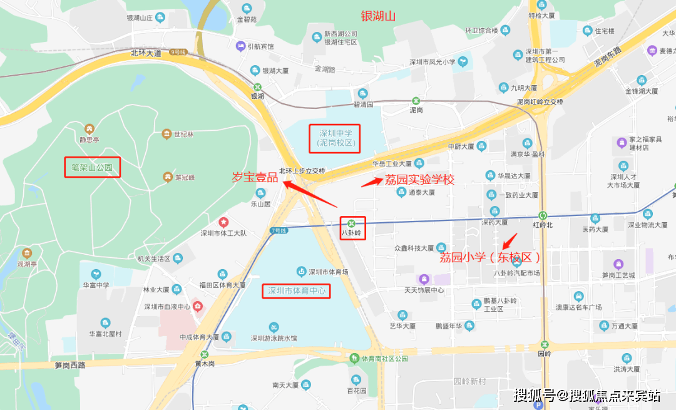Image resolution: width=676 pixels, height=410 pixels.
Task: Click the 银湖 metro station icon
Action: coord(257,87)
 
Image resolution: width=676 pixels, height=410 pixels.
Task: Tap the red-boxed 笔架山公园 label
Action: coord(92,167)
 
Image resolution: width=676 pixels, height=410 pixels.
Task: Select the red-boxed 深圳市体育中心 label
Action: coord(297,291)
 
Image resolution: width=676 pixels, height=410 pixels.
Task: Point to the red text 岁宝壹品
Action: coord(255,177)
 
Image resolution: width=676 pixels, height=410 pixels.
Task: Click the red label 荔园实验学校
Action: coord(419,180)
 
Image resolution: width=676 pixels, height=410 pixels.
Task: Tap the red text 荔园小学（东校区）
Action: coord(489,257)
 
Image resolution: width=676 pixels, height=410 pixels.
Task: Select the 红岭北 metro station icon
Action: coord(543,215)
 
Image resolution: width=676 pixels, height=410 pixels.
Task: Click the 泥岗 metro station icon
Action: coord(416,100)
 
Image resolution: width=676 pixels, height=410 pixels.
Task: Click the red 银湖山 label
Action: coord(378,16)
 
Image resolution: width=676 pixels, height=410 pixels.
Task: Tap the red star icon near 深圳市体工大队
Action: coord(223,222)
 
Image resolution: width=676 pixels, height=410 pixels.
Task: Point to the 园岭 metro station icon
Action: coord(545,343)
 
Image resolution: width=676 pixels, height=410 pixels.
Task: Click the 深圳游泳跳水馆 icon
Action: coord(274,327)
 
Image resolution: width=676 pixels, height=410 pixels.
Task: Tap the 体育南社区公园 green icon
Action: coord(355,358)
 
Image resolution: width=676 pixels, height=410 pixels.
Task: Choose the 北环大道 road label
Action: coord(146,53)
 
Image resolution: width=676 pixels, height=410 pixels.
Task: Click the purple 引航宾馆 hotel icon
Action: coord(240,46)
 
